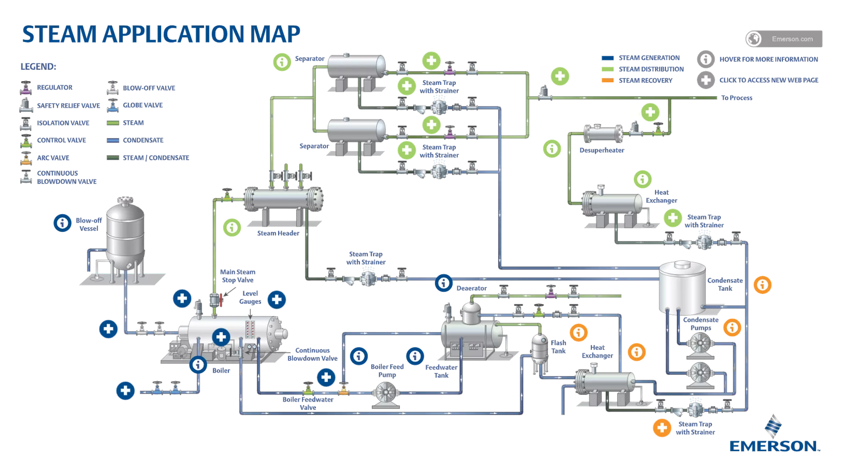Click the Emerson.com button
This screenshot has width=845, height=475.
tap(784, 39)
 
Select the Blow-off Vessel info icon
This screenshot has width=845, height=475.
tap(62, 223)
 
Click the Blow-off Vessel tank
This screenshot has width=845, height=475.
tap(125, 235)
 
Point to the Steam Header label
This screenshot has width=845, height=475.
tap(278, 233)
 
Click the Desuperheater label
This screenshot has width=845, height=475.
tap(602, 150)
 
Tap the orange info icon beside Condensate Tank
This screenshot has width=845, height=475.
tap(762, 285)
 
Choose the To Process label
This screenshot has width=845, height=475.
tap(736, 98)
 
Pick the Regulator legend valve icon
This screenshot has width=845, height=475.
tap(26, 88)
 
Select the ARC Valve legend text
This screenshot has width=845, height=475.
tap(53, 158)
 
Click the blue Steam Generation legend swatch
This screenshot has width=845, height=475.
tap(607, 58)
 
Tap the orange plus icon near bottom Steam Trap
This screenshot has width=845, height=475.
tap(661, 427)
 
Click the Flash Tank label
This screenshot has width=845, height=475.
tap(558, 347)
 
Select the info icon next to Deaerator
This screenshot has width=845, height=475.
tap(444, 283)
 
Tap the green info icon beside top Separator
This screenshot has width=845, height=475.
tap(282, 62)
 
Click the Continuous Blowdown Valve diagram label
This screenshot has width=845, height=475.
tap(312, 354)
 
